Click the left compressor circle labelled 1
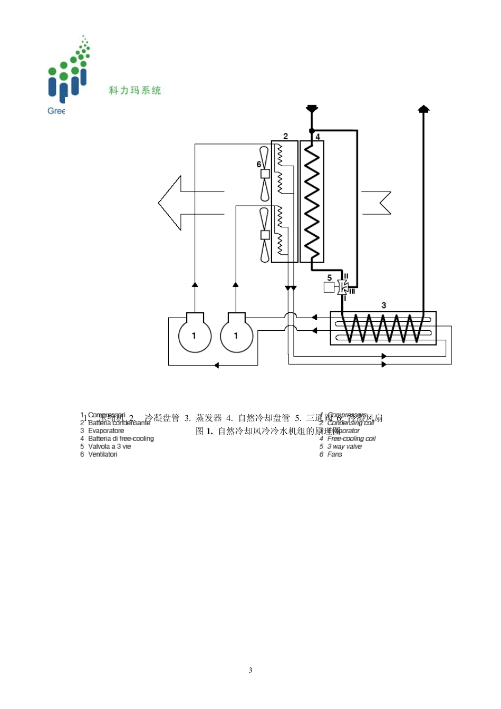pos(195,335)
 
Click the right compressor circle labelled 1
pos(236,335)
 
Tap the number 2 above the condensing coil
pos(286,136)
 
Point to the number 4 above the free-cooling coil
pos(317,137)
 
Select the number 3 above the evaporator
pos(383,305)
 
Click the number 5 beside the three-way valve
pos(330,278)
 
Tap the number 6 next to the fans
pos(259,165)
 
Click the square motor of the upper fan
pos(265,174)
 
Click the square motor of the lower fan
pos(265,235)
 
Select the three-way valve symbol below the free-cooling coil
pos(344,288)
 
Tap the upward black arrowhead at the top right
pos(423,109)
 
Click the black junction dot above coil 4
pos(312,131)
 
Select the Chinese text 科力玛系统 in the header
pos(135,90)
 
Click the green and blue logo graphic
pos(69,74)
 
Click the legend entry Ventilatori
pos(103,454)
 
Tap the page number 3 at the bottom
pos(250,670)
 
